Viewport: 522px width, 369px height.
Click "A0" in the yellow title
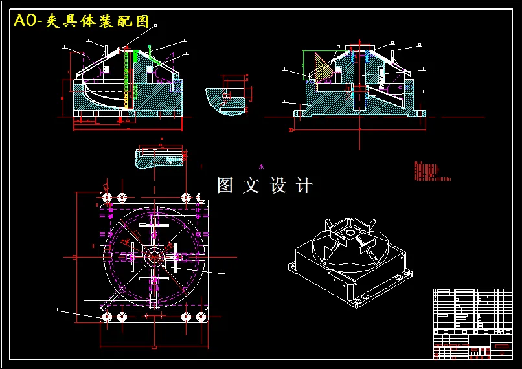pos(25,21)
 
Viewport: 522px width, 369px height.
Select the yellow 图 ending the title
pos(142,21)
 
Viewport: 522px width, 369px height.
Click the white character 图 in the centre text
pos(225,186)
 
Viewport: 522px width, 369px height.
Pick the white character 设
pos(278,186)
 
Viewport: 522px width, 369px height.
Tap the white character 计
pos(304,186)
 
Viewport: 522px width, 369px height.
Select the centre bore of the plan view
pos(155,258)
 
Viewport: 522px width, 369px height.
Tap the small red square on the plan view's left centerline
pos(74,257)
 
